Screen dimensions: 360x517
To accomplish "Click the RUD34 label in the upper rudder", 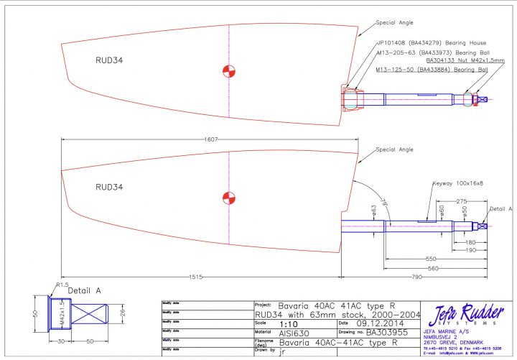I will (109, 60).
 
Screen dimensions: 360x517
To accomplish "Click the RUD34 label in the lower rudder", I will (109, 186).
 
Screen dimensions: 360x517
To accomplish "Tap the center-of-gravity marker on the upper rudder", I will (228, 71).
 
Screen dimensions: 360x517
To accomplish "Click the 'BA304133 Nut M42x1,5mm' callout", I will (441, 61).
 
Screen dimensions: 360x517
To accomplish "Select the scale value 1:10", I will (287, 323).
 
